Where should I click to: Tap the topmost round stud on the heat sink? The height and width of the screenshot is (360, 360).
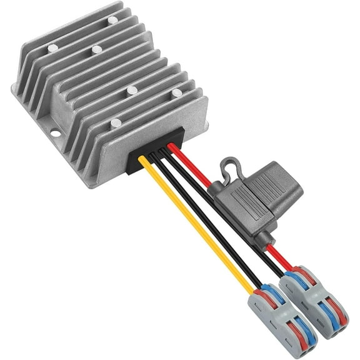[x=112, y=20]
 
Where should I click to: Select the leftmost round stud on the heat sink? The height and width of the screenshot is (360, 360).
[x=52, y=47]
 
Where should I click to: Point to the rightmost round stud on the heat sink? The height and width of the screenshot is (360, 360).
[x=177, y=93]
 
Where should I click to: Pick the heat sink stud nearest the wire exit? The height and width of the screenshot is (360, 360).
[x=116, y=123]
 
